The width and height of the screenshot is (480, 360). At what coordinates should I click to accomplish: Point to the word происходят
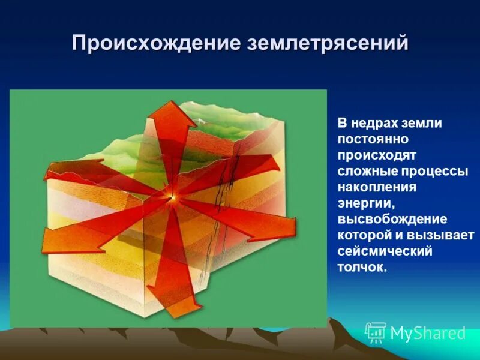click(x=374, y=155)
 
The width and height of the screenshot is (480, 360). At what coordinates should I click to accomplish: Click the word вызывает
click(x=444, y=235)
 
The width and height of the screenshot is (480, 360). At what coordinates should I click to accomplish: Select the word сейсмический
click(x=385, y=251)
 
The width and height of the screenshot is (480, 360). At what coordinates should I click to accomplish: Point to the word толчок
click(x=362, y=267)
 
